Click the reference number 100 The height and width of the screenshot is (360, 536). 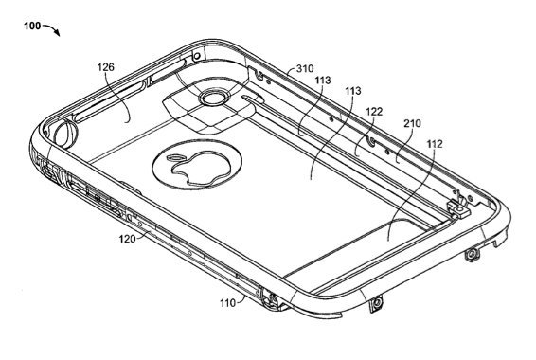pyautogui.click(x=32, y=26)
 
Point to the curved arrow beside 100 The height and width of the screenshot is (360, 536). pyautogui.click(x=53, y=28)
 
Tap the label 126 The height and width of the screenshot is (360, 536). pyautogui.click(x=106, y=67)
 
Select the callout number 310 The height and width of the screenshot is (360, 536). pyautogui.click(x=305, y=69)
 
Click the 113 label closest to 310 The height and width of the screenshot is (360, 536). pyautogui.click(x=323, y=80)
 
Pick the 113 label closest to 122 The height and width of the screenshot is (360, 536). pyautogui.click(x=353, y=91)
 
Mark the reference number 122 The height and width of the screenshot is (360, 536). pyautogui.click(x=374, y=112)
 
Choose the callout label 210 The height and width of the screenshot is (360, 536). pyautogui.click(x=412, y=123)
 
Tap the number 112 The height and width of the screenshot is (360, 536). pyautogui.click(x=435, y=144)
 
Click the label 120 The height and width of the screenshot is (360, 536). pyautogui.click(x=127, y=239)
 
